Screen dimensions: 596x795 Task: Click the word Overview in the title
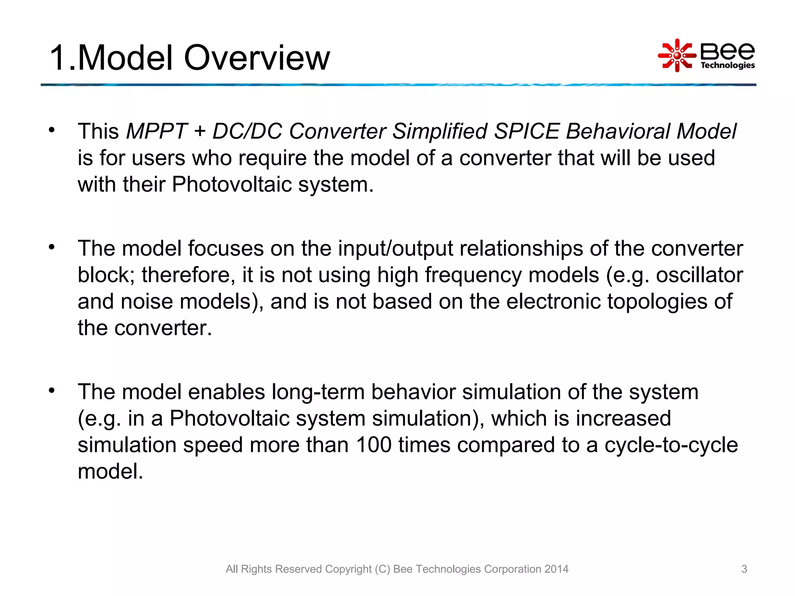(x=257, y=58)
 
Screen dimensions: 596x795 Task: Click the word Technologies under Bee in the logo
(x=727, y=65)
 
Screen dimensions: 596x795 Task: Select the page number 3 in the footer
(x=744, y=569)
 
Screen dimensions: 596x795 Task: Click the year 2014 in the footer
(x=556, y=569)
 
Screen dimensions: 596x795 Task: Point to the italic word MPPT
(x=157, y=131)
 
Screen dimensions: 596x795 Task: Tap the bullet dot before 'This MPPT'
(x=52, y=130)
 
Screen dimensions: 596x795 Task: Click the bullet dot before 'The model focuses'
(x=52, y=247)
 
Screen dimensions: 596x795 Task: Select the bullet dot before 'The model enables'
(x=52, y=390)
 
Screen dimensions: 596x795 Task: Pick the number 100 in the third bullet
(x=373, y=445)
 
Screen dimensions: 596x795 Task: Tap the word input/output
(x=395, y=249)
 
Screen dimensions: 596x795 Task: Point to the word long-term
(x=318, y=392)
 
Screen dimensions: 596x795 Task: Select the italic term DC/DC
(x=247, y=131)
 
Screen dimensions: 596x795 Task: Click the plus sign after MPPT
(x=200, y=132)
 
